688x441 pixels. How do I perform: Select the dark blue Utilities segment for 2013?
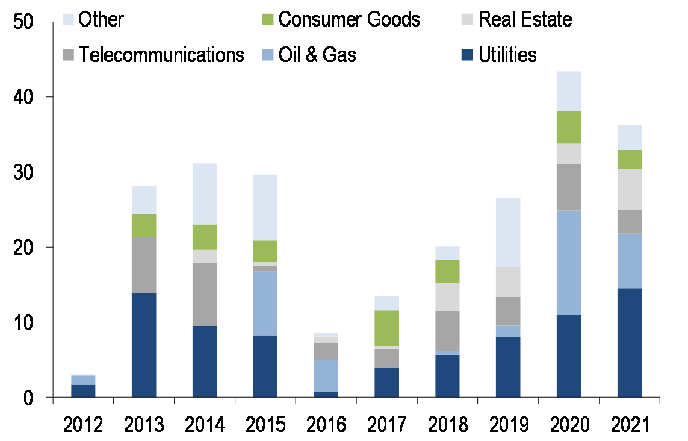pos(144,345)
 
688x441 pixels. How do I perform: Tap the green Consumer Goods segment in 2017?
pos(386,328)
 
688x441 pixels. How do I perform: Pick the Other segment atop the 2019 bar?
pos(508,233)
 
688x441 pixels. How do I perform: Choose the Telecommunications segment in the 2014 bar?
pos(205,294)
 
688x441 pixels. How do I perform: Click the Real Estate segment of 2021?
pos(629,189)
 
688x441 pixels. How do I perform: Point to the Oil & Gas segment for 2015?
pos(265,303)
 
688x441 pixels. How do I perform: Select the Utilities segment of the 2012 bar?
pos(83,391)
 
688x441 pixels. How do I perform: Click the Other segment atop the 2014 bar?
pos(205,194)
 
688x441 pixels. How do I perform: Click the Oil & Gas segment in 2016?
pos(326,375)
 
